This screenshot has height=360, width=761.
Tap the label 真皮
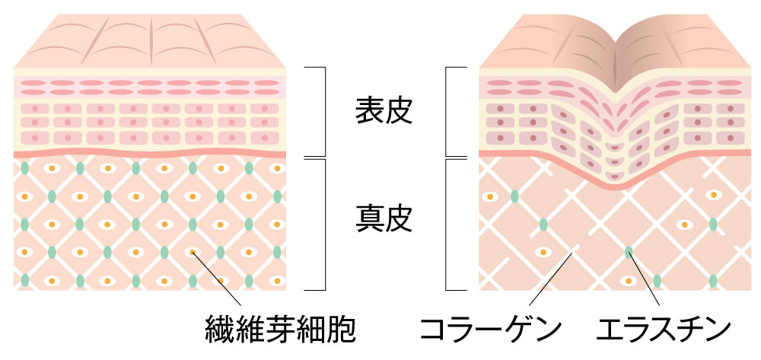click(x=384, y=218)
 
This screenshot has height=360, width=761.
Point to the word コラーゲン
click(x=490, y=330)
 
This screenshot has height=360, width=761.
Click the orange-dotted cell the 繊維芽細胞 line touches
click(x=193, y=252)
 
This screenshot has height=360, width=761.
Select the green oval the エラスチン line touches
click(x=629, y=252)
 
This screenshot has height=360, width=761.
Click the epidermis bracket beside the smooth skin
click(x=325, y=112)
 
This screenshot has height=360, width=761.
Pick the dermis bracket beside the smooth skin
click(x=325, y=225)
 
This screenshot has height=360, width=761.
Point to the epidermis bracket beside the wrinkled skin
click(x=447, y=112)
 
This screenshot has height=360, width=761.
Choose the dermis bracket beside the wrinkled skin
click(x=447, y=225)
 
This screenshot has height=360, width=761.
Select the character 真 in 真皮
click(x=369, y=218)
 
